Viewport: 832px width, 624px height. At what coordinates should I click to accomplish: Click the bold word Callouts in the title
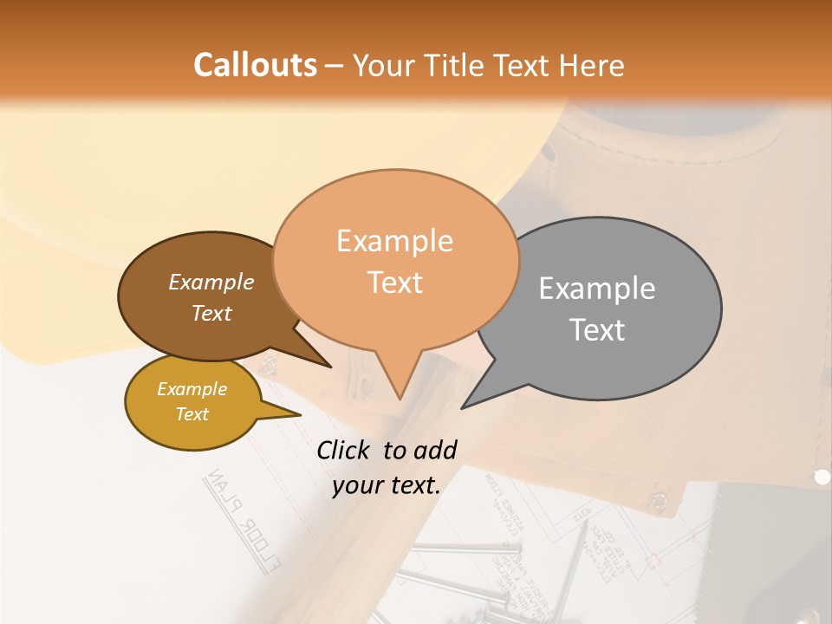[255, 65]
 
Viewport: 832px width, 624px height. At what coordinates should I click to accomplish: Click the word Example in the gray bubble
[597, 288]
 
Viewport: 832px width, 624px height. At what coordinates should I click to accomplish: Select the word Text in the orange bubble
[395, 282]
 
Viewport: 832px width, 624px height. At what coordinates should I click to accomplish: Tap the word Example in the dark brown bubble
[211, 282]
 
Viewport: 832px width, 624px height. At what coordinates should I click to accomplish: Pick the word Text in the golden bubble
[192, 414]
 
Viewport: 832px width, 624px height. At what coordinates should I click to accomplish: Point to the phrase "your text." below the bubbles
[387, 485]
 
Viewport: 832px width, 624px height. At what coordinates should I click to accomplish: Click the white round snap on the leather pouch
[822, 476]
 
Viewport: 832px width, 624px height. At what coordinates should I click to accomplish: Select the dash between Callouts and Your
[335, 66]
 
